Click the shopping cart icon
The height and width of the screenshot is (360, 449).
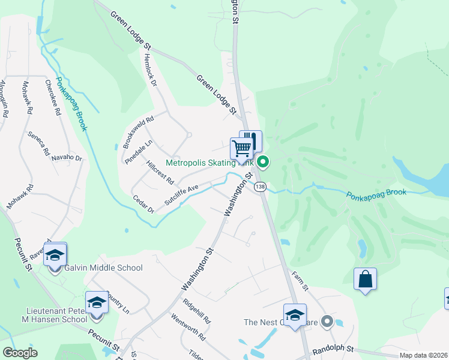pos(241,148)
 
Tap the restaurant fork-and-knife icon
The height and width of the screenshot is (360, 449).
pos(252,140)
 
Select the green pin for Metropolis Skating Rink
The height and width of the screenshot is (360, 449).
pos(263,161)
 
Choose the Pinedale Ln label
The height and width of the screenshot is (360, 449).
pos(139,152)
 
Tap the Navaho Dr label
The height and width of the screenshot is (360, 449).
pos(69,157)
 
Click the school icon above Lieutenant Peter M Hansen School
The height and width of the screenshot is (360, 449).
pos(96,302)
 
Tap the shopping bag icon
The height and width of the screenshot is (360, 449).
pos(365,279)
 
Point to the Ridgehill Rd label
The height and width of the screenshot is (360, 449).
pos(197,311)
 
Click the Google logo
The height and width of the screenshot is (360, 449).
pos(20,353)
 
